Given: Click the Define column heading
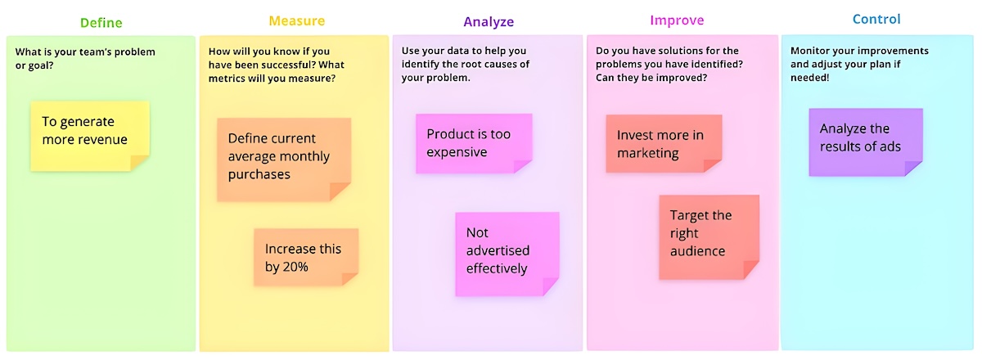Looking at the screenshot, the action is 101,23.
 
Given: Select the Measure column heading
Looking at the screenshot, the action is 297,20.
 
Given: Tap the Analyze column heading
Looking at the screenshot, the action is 489,22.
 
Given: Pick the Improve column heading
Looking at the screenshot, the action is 677,20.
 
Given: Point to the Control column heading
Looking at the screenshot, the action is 876,20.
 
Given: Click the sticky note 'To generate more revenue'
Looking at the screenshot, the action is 90,137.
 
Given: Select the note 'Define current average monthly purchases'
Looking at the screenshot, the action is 284,160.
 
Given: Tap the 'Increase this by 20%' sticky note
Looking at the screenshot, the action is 306,258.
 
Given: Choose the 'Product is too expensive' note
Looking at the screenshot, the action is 474,143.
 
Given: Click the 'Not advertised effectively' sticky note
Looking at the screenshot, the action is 507,254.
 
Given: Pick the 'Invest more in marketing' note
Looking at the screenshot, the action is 664,144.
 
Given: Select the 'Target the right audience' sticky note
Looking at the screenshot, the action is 709,237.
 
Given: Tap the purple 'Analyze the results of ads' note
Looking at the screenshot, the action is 866,142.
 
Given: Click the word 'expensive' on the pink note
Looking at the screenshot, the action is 457,153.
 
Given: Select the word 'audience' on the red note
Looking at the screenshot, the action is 697,251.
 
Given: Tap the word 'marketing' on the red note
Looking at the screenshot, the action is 647,154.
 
